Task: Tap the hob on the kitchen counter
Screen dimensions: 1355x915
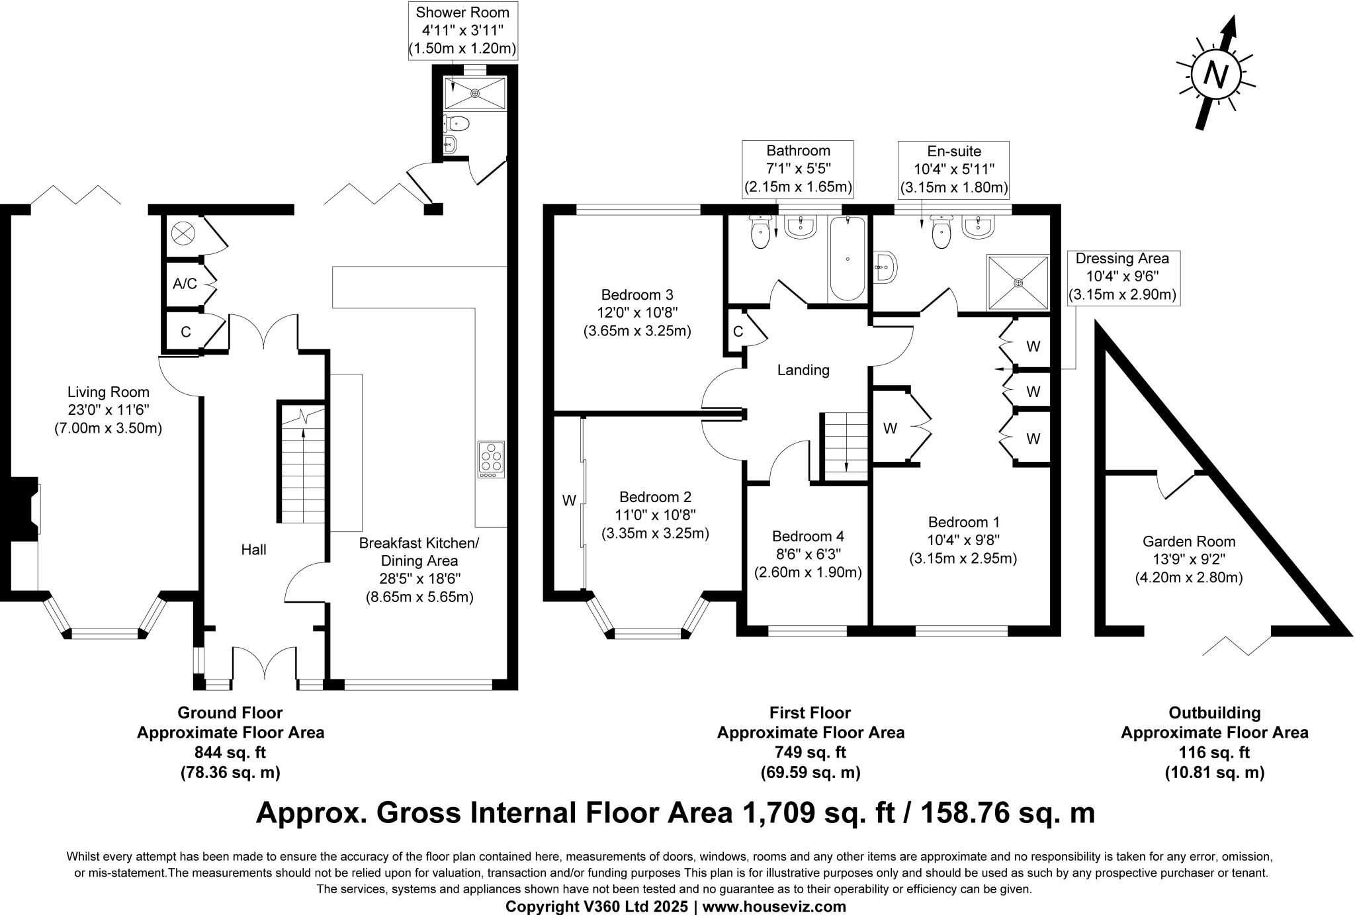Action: (x=491, y=459)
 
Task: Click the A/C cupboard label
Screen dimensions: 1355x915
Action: (x=185, y=284)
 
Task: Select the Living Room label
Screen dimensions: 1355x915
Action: (x=109, y=392)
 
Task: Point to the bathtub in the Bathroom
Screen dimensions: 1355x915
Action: (x=847, y=259)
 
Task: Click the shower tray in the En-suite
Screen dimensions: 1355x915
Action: (x=1018, y=283)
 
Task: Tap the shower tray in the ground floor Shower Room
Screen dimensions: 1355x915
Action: (x=474, y=93)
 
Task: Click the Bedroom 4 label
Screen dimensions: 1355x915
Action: (x=808, y=536)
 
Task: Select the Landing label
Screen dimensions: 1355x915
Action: (x=803, y=370)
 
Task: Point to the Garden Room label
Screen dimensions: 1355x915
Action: (x=1189, y=541)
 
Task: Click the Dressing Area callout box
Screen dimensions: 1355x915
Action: (x=1122, y=277)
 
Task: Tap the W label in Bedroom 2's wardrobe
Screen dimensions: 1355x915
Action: (x=569, y=501)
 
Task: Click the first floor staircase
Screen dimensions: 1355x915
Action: (x=845, y=444)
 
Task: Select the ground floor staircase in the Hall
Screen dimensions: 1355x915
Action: (x=302, y=464)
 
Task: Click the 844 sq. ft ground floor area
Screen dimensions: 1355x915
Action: (x=230, y=752)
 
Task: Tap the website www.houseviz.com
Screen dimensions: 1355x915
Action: (x=774, y=906)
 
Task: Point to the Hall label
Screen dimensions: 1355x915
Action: (x=253, y=549)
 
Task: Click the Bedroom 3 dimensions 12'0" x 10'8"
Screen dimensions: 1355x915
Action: (x=637, y=312)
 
